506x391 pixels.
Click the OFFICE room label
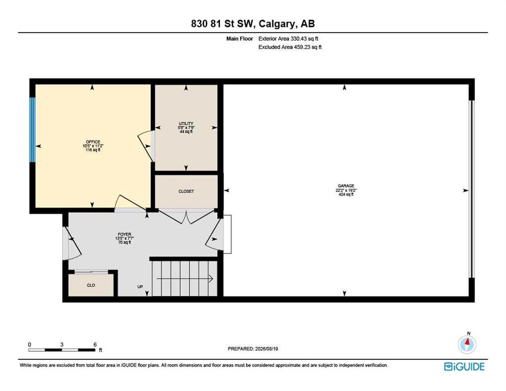[x=93, y=142]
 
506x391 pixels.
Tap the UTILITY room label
[x=186, y=123]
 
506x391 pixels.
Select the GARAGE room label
[x=346, y=186]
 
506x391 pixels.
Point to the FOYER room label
[x=125, y=234]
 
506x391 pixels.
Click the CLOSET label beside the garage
[x=186, y=191]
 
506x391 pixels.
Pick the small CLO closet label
[x=91, y=285]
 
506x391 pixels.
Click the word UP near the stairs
[x=140, y=287]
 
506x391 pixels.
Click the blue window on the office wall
[x=32, y=129]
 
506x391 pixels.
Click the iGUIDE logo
[x=464, y=367]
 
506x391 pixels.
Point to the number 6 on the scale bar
[x=95, y=345]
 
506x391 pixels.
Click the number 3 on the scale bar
[x=62, y=345]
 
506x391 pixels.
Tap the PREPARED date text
[x=253, y=349]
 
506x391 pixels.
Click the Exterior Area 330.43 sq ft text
[x=288, y=38]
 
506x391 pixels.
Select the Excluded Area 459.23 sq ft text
[x=290, y=47]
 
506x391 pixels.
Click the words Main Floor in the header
[x=239, y=38]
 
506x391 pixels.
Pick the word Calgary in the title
[x=276, y=24]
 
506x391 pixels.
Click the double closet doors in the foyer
[x=187, y=216]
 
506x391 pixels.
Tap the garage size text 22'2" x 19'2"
[x=346, y=190]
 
